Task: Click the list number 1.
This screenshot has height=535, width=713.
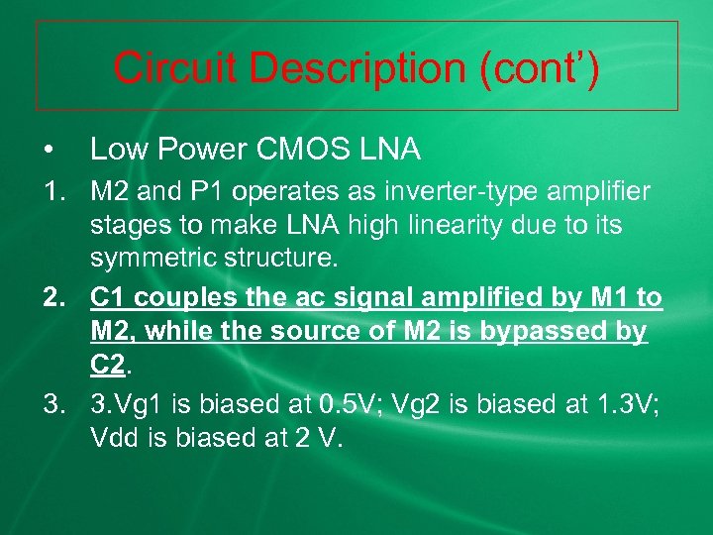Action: click(51, 189)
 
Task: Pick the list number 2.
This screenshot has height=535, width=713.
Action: click(51, 296)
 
